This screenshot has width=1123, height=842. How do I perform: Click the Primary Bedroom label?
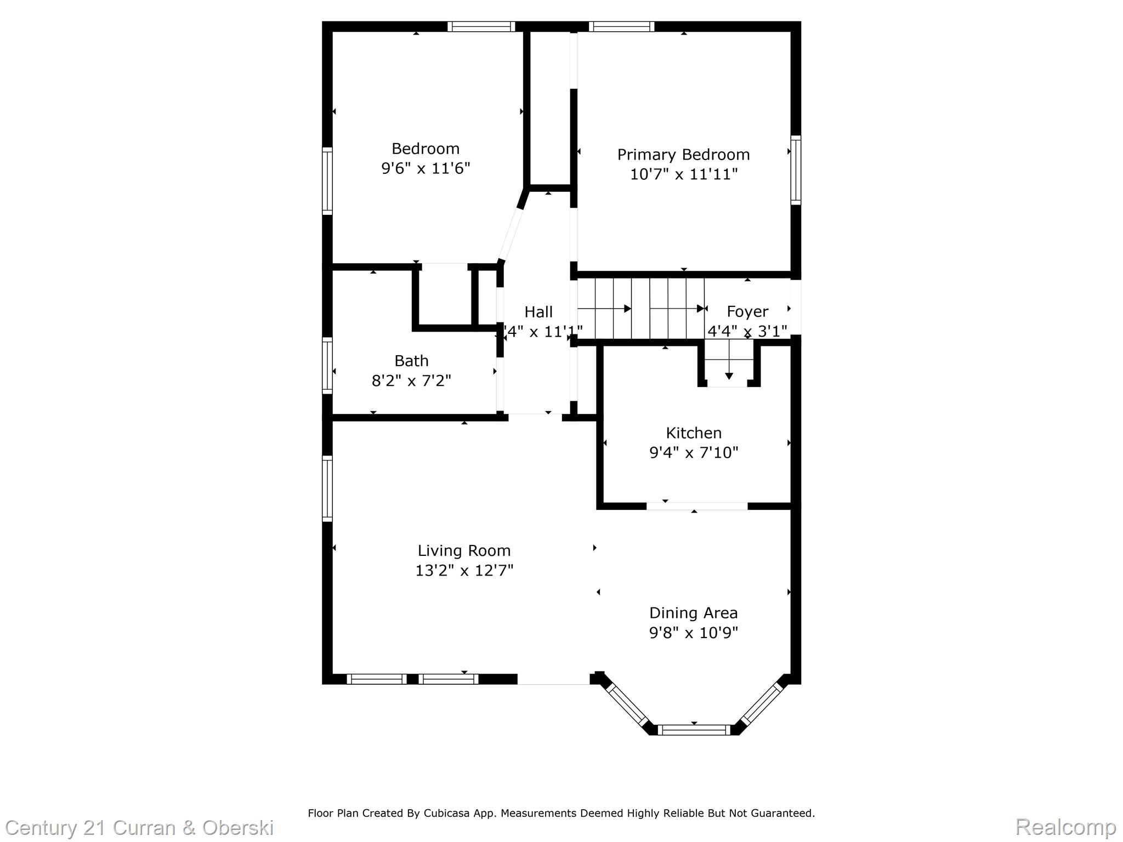pos(683,155)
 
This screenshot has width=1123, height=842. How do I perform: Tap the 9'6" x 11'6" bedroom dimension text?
pos(426,168)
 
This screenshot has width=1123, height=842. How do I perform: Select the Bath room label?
pos(411,361)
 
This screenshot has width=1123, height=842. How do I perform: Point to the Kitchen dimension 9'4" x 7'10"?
pos(694,453)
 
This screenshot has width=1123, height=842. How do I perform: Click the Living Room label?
pos(464,550)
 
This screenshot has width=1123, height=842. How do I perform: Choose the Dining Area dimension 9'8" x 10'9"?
pos(694,633)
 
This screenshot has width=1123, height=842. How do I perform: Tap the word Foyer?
pos(747,311)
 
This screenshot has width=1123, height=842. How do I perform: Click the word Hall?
pos(538,312)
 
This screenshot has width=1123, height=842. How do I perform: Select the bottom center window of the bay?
pos(694,730)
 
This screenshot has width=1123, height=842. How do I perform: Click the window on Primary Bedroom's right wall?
pos(796,170)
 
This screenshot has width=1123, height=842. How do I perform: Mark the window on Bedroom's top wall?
pos(481,26)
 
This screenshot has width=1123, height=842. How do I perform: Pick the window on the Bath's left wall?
pos(327,366)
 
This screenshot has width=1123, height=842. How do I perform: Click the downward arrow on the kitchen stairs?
pos(729,375)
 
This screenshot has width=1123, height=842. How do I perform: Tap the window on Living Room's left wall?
pos(327,488)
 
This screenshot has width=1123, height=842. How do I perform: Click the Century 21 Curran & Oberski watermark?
pos(139,827)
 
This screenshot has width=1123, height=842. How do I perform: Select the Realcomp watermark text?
pos(1065,827)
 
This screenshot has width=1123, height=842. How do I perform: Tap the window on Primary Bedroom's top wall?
pos(621,26)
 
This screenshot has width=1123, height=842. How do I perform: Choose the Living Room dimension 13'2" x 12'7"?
pos(464,571)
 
